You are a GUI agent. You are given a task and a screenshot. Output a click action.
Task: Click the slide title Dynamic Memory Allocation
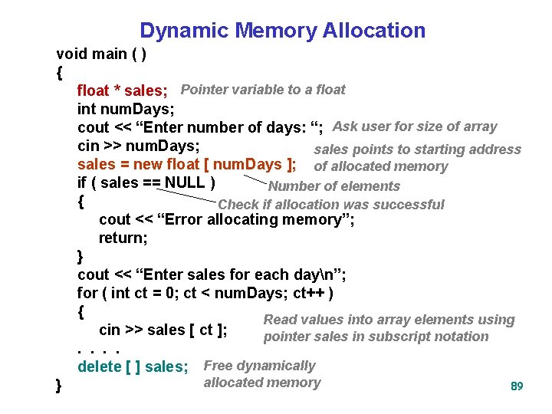click(x=282, y=31)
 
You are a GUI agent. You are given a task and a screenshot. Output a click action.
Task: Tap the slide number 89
click(x=517, y=386)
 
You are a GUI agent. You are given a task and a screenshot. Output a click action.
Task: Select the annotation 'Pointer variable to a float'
click(x=263, y=90)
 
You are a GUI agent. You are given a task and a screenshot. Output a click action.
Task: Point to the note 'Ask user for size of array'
click(x=415, y=127)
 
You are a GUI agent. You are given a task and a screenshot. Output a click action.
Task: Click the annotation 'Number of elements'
click(x=334, y=186)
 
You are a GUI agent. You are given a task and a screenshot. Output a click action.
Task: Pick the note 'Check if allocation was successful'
click(x=331, y=205)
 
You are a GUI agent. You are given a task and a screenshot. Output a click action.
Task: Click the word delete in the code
click(x=99, y=367)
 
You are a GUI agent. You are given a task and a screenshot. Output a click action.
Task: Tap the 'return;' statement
click(x=123, y=238)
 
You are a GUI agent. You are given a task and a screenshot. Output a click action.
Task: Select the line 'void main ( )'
click(x=101, y=54)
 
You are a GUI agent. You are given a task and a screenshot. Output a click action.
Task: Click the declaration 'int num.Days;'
click(x=126, y=109)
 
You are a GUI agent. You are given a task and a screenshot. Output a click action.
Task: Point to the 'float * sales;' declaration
click(x=123, y=91)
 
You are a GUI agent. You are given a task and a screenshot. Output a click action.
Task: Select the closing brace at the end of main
click(x=60, y=386)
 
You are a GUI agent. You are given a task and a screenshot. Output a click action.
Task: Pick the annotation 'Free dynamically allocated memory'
click(x=261, y=374)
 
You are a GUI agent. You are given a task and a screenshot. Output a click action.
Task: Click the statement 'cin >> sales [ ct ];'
click(x=163, y=330)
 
